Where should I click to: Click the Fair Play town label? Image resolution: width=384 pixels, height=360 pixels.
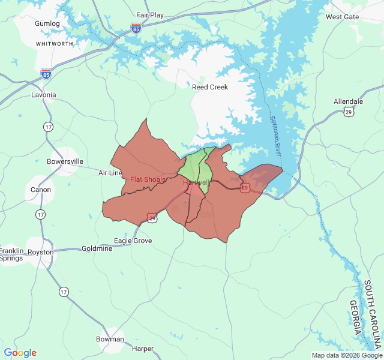click(150, 15)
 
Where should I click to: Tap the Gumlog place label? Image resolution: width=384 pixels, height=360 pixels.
click(47, 23)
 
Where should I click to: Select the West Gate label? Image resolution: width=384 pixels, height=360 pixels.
click(342, 17)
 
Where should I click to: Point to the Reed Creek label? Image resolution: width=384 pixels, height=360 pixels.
click(210, 87)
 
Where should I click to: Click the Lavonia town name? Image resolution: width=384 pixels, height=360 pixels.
click(43, 95)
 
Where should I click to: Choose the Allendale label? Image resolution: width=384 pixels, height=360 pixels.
click(348, 101)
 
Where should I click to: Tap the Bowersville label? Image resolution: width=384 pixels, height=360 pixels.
click(65, 161)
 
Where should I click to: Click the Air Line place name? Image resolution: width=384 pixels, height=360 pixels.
click(110, 173)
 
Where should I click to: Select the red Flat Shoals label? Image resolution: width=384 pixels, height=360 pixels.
click(148, 179)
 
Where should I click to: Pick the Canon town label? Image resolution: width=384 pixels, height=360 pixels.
click(41, 190)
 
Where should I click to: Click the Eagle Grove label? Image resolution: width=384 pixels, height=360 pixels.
click(133, 241)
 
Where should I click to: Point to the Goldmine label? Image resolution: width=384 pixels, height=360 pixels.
click(97, 248)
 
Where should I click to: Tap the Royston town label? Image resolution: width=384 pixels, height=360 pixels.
click(41, 252)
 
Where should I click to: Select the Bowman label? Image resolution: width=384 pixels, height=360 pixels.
click(110, 339)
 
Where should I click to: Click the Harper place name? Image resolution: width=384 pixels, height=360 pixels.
click(143, 349)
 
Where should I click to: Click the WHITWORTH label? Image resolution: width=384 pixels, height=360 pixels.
click(55, 44)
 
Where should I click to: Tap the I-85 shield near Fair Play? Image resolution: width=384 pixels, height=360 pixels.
click(136, 28)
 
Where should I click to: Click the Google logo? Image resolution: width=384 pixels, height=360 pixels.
click(20, 353)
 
